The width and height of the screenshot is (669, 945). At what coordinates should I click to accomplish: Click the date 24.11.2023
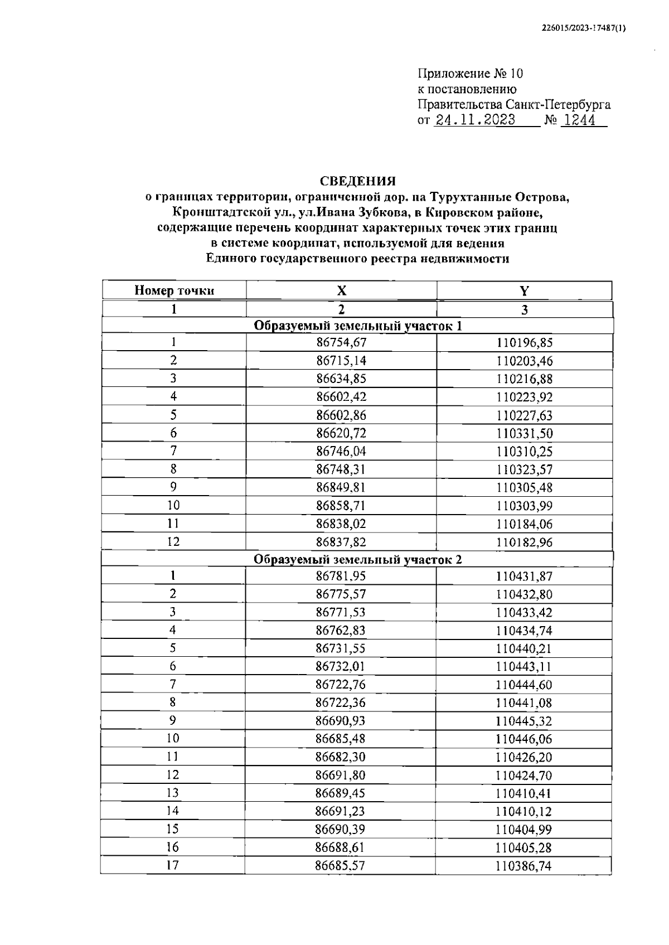(x=475, y=120)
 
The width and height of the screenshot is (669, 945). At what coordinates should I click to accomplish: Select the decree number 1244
(x=578, y=120)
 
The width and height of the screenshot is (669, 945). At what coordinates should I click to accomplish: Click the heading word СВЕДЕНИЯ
(x=357, y=181)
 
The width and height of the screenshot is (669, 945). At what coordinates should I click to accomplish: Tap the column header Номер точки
(x=174, y=290)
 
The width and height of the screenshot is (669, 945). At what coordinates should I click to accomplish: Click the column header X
(x=341, y=290)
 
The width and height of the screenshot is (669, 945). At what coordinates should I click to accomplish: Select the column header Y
(x=524, y=290)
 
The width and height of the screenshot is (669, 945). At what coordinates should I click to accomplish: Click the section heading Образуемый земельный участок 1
(x=357, y=326)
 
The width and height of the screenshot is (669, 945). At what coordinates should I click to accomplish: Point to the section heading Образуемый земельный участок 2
(x=357, y=560)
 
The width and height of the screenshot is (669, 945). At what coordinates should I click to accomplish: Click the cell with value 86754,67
(x=341, y=343)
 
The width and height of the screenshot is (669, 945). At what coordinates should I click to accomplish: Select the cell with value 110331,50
(x=524, y=433)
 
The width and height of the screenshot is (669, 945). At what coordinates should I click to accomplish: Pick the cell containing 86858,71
(x=341, y=506)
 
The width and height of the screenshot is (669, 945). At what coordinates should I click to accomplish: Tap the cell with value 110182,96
(x=524, y=542)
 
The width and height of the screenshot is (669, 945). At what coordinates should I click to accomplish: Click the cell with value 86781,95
(x=341, y=576)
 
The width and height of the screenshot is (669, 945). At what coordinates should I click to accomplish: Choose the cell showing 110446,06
(x=524, y=739)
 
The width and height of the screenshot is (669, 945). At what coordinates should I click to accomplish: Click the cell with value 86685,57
(x=341, y=866)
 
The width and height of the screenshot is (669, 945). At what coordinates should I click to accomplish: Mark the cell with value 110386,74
(x=523, y=866)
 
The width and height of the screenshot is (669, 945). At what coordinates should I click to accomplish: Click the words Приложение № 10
(x=470, y=74)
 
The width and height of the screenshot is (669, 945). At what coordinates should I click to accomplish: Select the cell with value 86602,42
(x=341, y=397)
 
